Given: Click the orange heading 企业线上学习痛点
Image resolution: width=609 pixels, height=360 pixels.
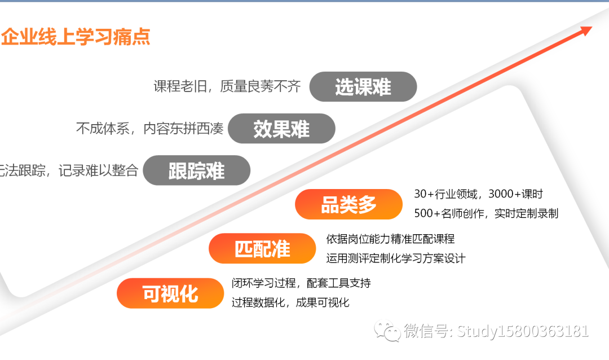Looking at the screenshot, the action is coord(76,37).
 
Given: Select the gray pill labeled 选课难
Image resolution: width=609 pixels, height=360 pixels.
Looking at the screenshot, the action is coord(363,87).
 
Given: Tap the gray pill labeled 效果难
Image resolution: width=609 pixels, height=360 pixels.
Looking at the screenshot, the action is coord(281,129).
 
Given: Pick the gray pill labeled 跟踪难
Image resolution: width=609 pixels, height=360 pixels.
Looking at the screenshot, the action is coord(197,170).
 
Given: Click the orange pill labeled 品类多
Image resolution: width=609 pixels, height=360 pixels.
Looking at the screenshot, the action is coord(349,204).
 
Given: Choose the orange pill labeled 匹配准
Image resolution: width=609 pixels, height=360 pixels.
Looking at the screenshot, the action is coord(263,248).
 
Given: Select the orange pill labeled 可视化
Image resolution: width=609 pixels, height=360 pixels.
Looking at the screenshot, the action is coord(170,293).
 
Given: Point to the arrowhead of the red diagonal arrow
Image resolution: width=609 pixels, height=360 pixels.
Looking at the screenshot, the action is coord(586,30).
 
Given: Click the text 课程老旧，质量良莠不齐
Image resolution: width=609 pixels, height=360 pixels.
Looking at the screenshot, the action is coord(227,86).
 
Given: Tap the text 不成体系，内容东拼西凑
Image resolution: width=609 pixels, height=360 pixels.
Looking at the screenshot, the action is coord(150,128).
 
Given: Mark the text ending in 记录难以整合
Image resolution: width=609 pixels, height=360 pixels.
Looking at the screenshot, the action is coord(69,170).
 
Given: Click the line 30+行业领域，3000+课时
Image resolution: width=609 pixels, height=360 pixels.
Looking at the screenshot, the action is coord(479,194).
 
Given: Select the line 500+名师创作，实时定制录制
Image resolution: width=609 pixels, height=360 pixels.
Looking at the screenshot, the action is coord(486,213).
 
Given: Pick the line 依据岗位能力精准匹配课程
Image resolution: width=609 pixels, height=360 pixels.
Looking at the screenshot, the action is coord(390,239).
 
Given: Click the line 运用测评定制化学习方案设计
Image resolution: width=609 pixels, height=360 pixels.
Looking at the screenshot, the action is coord(396,258).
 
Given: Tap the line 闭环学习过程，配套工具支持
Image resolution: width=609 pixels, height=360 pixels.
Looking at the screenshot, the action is coord(301,283).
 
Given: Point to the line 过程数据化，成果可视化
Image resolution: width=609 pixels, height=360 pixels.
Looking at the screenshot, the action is coord(290,302).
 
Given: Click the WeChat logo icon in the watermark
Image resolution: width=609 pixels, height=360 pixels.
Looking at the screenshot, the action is coord(387,331).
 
